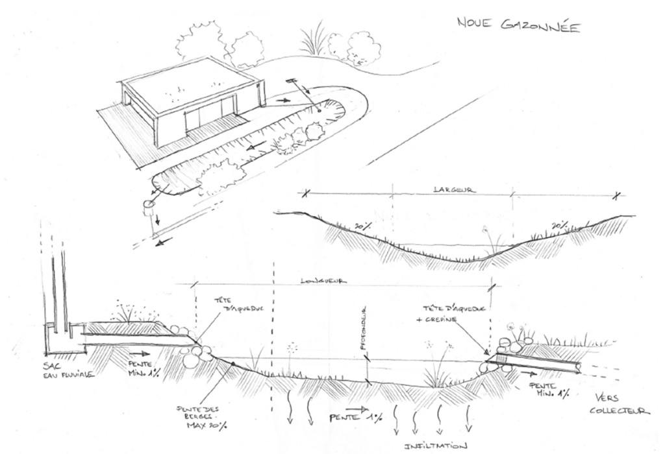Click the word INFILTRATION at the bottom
[436, 446]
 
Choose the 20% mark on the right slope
[560, 226]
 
